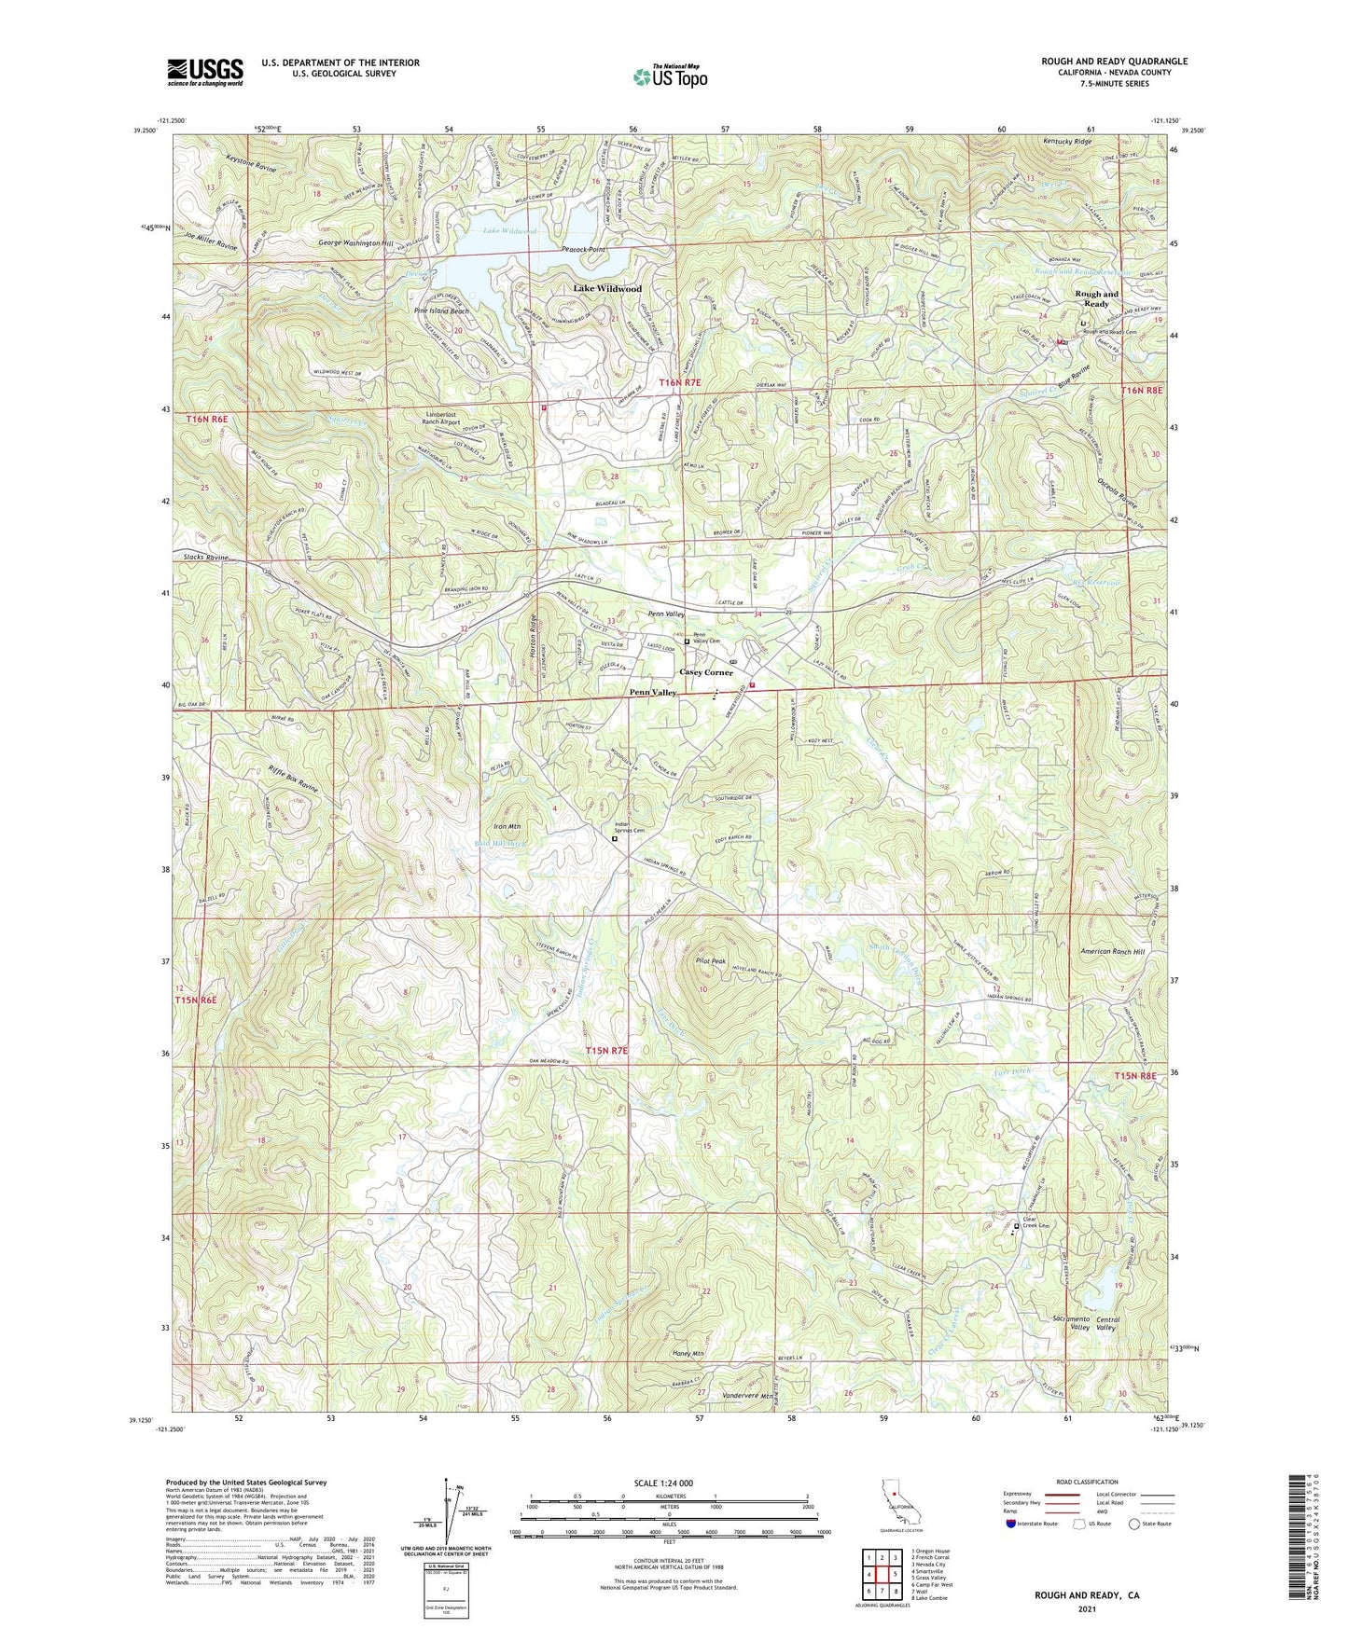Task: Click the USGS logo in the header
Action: tap(205, 72)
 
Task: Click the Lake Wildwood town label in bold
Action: tap(607, 289)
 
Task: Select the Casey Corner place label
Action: tap(706, 672)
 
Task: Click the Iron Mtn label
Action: tap(507, 827)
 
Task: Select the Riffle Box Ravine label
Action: tap(293, 778)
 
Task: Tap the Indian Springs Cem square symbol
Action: tap(614, 838)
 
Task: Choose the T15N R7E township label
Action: tap(607, 1051)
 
